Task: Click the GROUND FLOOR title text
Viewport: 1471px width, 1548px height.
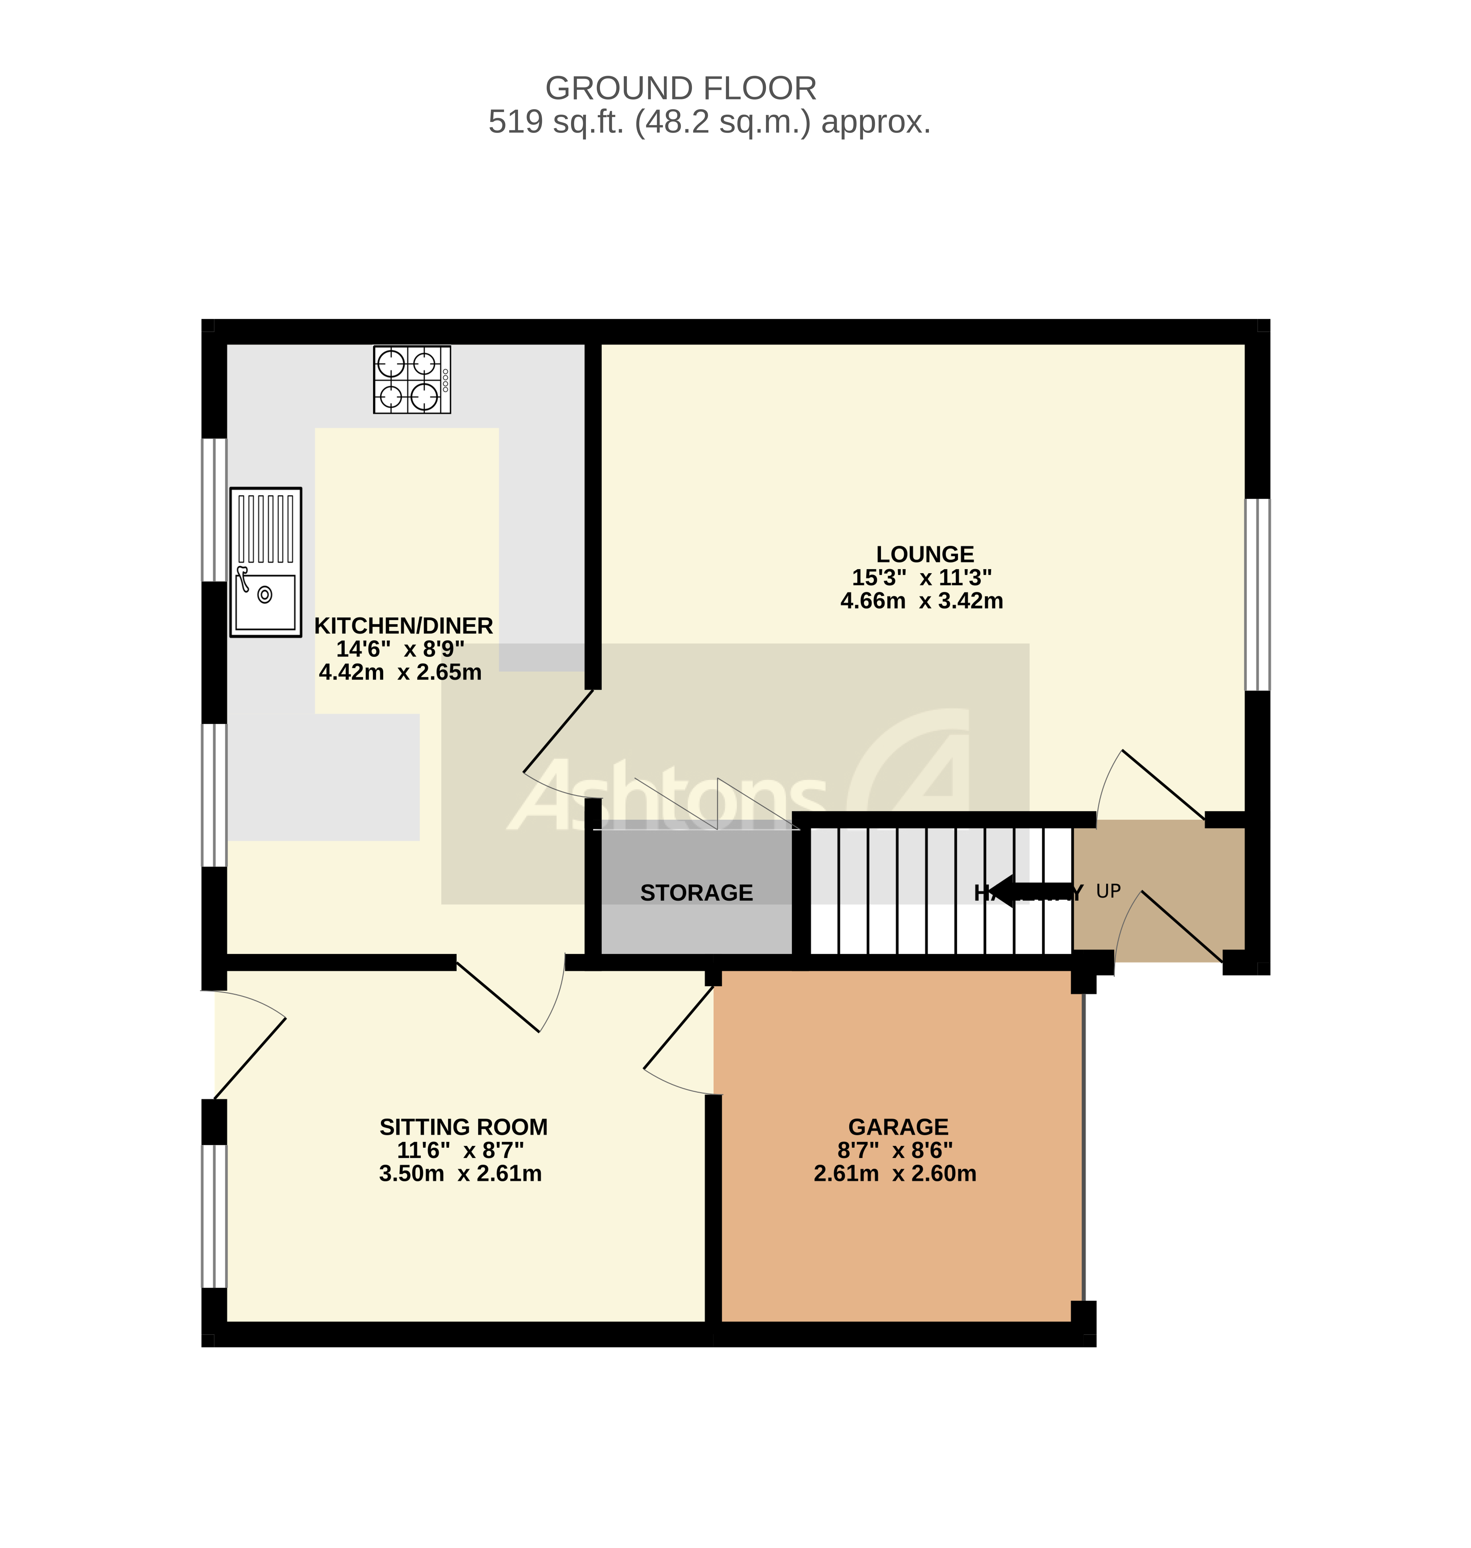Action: pyautogui.click(x=681, y=89)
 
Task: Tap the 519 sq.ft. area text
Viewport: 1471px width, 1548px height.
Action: pyautogui.click(x=709, y=122)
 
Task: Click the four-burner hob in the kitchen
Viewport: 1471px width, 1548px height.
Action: pyautogui.click(x=412, y=380)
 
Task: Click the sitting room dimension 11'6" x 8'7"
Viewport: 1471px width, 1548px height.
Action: pyautogui.click(x=460, y=1150)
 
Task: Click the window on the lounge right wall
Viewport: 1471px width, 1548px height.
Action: pyautogui.click(x=1257, y=594)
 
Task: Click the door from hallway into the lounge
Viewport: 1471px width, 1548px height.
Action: pyautogui.click(x=1153, y=784)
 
